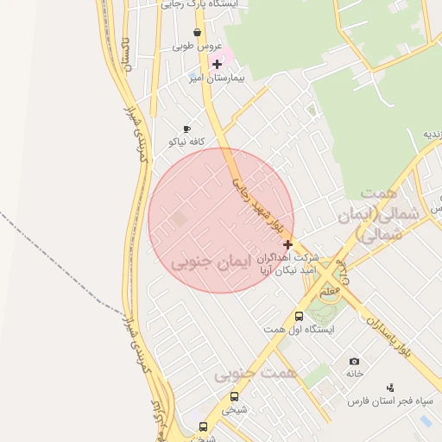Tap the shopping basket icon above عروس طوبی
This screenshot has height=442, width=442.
199,33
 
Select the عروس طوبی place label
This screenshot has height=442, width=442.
198,47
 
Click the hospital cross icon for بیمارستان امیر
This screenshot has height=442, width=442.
217,64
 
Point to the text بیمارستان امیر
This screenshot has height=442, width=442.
218,78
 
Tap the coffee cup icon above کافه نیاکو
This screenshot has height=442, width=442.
186,129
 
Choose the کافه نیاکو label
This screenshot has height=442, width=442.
186,142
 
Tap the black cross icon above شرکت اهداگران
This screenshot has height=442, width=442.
287,244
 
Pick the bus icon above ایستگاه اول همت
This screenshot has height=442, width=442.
299,317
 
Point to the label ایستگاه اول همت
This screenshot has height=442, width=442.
298,330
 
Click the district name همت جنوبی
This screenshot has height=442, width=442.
256,374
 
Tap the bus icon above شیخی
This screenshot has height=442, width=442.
234,396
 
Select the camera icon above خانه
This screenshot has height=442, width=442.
354,361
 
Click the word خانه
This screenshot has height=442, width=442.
355,375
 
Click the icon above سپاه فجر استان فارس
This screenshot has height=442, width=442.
390,388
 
